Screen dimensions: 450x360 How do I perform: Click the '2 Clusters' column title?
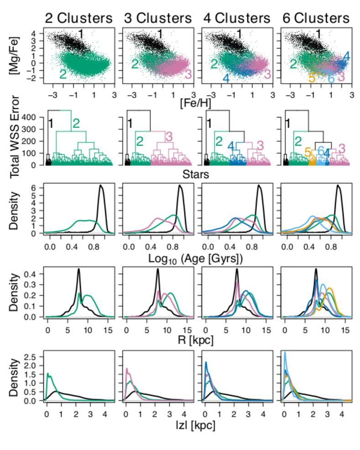78,18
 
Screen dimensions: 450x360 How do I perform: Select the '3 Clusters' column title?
158,18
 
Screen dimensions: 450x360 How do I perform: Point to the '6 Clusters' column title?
316,18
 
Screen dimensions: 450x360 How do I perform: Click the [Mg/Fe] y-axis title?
14,56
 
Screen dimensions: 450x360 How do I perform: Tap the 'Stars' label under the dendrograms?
198,174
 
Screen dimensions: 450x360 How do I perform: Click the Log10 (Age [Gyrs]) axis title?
198,258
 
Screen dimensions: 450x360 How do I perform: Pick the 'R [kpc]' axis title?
198,341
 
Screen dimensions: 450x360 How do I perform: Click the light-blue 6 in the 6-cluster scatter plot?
331,78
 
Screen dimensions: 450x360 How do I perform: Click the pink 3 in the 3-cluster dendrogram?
168,136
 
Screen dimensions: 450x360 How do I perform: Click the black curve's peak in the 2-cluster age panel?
101,186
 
